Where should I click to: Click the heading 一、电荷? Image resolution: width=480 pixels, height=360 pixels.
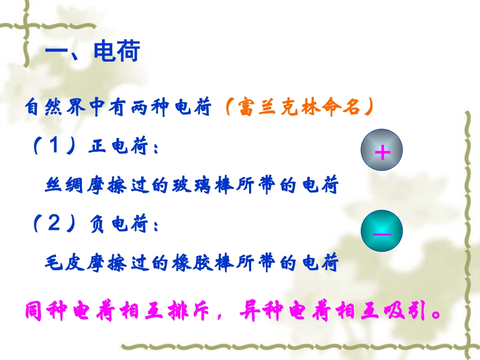click(92, 52)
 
